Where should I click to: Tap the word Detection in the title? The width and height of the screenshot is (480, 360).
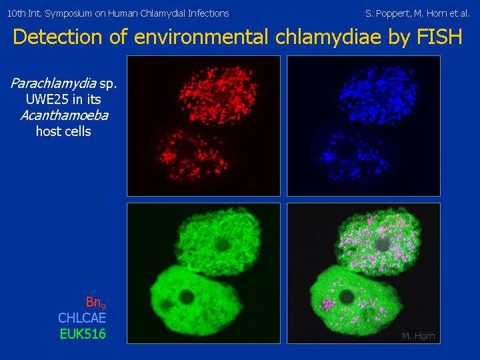(57, 37)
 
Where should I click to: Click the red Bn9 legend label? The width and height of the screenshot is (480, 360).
(96, 302)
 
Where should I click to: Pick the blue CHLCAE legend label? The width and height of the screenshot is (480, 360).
(82, 318)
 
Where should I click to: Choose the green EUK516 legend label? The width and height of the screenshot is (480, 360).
(83, 334)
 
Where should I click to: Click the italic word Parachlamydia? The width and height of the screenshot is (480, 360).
(53, 83)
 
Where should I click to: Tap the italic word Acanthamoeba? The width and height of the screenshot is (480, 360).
(64, 116)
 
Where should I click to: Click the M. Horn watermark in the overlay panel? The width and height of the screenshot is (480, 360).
(418, 336)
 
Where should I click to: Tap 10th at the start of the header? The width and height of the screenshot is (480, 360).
(15, 13)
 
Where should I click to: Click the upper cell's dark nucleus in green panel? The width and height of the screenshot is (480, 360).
(223, 244)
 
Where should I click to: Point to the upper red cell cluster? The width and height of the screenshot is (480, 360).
(218, 96)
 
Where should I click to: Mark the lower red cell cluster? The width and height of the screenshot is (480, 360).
(193, 155)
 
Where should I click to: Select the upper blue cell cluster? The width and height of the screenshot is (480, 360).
(378, 96)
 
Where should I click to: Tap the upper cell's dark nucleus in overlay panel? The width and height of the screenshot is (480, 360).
(382, 244)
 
